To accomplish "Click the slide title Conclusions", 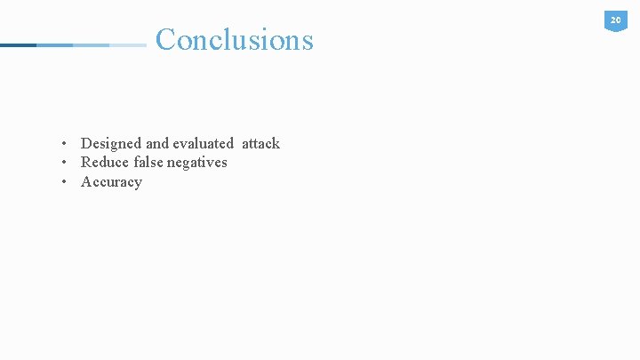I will (235, 40).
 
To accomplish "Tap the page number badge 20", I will (615, 20).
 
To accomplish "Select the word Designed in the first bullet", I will (111, 143).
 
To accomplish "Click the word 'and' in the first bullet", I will (157, 143).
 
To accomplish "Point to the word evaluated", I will (203, 143).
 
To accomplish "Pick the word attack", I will (260, 143).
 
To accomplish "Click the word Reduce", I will (105, 162).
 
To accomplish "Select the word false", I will (150, 162).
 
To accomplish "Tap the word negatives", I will (199, 163).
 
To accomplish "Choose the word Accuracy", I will (111, 182).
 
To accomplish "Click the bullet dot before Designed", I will (65, 144).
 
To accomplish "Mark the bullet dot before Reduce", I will (65, 163).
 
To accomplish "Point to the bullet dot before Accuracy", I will (65, 182).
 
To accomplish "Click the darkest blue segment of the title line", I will (18, 44).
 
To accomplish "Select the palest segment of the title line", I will (128, 44).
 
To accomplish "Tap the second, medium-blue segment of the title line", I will (54, 44).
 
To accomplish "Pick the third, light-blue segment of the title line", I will (91, 44).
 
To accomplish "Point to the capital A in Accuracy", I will (86, 182).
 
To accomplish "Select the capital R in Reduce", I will (86, 162).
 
